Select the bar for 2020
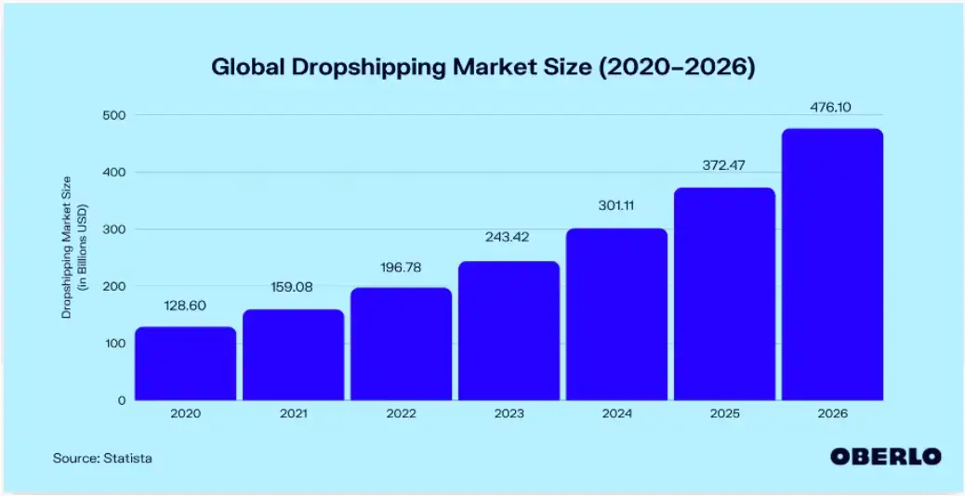(x=185, y=363)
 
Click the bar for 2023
(x=509, y=331)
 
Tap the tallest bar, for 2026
(x=832, y=265)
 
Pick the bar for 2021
(x=293, y=355)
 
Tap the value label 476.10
(x=832, y=108)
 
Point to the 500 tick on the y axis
(x=111, y=115)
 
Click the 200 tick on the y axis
(x=111, y=287)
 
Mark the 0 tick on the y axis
(x=120, y=400)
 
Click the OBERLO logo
(x=885, y=456)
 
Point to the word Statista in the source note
(x=129, y=457)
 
